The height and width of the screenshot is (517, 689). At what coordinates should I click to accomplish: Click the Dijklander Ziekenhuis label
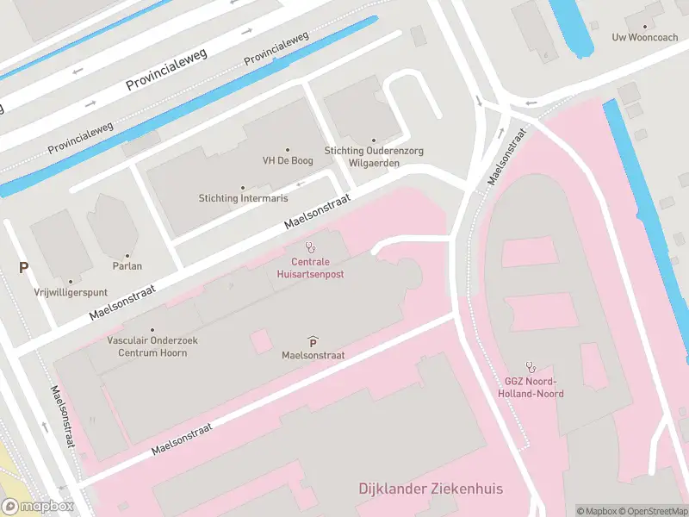coord(431,489)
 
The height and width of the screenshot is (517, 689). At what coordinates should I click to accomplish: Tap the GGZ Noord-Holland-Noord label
coord(531,388)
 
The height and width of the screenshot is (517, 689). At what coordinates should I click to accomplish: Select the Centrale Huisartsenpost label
coord(311,267)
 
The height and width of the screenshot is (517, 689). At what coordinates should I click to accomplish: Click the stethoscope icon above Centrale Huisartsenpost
coord(310,247)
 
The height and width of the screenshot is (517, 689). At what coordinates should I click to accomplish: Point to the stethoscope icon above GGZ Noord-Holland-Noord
coord(531,366)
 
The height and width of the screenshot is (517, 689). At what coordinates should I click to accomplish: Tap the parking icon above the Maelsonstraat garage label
coord(312,341)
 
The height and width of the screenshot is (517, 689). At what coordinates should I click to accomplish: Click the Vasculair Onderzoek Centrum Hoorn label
coord(152,346)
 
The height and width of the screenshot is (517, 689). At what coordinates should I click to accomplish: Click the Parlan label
coord(127,267)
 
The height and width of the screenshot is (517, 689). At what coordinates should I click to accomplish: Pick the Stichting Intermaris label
coord(242,198)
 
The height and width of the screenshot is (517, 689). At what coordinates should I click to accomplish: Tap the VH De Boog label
coord(287,161)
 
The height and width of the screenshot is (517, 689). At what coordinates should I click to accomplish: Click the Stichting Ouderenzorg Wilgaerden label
coord(374,156)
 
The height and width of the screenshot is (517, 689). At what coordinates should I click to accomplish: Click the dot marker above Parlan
coord(127,255)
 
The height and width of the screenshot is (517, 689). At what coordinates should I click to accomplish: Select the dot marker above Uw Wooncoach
coord(644,26)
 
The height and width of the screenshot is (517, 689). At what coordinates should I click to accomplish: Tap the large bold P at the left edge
coord(23,268)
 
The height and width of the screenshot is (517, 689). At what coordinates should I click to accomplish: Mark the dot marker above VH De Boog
coord(287,149)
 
